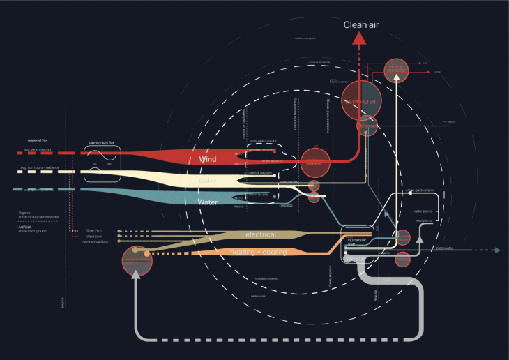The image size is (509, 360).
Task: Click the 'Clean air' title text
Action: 360,26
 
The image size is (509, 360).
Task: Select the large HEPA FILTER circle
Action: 360,102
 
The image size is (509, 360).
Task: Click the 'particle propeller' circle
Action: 395,69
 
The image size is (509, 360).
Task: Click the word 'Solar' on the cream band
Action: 208,181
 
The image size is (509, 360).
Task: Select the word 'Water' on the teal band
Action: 208,202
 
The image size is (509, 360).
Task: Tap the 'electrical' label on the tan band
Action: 260,234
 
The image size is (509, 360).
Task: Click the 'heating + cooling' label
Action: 259,251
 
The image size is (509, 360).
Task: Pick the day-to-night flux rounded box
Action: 103,164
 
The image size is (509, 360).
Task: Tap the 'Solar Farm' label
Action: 94,230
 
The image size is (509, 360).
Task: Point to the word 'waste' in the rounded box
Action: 354,258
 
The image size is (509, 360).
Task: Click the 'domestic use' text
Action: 356,242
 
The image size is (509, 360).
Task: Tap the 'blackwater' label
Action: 444,248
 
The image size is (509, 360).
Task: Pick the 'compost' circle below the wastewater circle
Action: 403,260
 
